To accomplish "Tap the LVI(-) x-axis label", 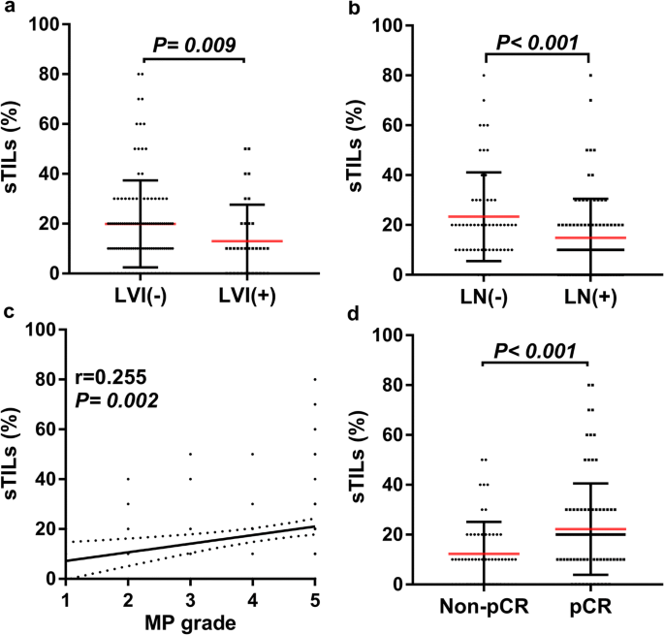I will coord(141,296).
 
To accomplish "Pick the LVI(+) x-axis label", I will coord(246,296).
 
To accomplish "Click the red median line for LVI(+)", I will coord(246,240).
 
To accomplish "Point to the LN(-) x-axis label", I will coord(483,296).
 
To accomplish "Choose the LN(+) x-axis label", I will coord(589,296).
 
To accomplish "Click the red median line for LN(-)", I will coord(483,216).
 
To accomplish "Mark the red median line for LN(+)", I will coord(589,238).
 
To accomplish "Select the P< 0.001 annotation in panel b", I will coord(538,43).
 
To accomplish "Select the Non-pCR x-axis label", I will coord(482,606).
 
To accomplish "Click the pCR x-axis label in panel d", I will coord(590,606).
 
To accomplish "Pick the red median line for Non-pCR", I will coord(482,554).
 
